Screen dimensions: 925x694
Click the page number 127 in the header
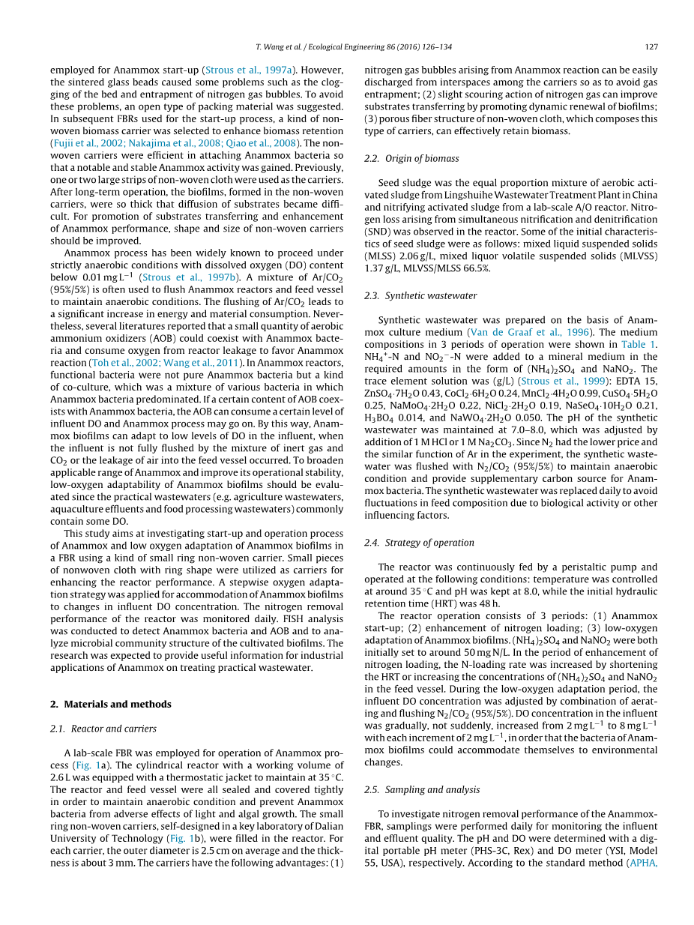(x=651, y=46)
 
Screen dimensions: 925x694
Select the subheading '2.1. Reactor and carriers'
(x=103, y=728)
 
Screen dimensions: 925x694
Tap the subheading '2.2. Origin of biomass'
(x=411, y=158)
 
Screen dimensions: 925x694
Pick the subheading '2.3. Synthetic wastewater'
(x=420, y=295)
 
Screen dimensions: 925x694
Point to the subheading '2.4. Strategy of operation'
(x=419, y=542)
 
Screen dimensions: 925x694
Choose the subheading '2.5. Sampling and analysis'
(x=422, y=789)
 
